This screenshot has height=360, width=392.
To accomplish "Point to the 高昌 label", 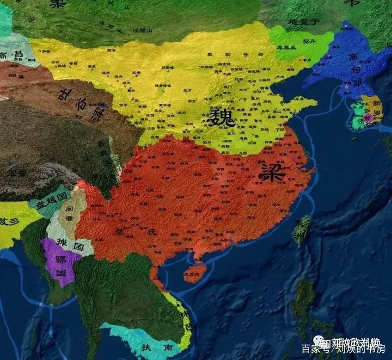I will click(11, 54).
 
